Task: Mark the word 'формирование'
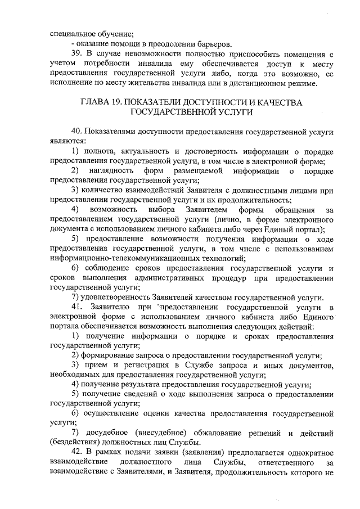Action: point(109,357)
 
